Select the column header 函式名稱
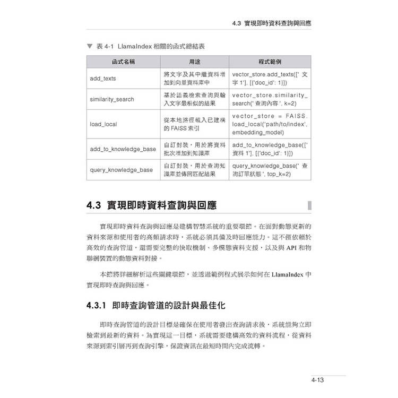pyautogui.click(x=123, y=62)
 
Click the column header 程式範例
pyautogui.click(x=270, y=62)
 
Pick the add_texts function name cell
pyautogui.click(x=103, y=79)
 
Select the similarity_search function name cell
pyautogui.click(x=112, y=99)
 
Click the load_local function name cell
pyautogui.click(x=103, y=124)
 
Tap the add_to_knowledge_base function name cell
pyautogui.click(x=123, y=149)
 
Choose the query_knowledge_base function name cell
pyautogui.click(x=122, y=170)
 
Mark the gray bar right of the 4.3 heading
pyautogui.click(x=309, y=205)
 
